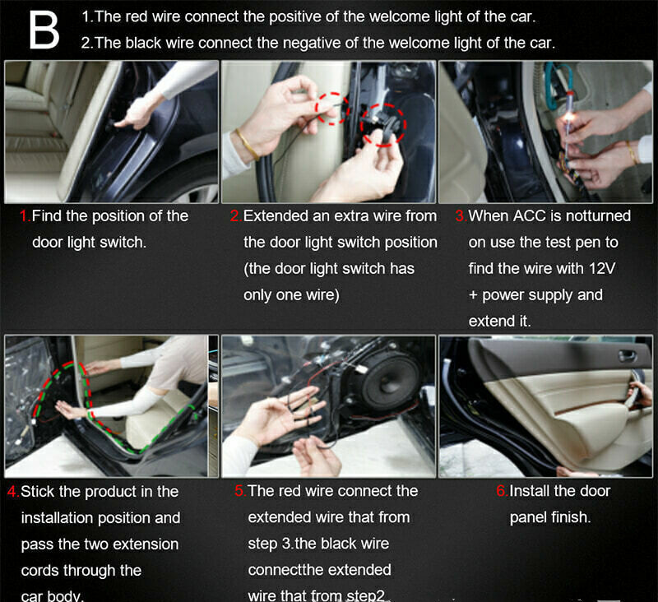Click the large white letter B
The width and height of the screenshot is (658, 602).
click(44, 30)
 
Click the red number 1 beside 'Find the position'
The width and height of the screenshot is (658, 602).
click(24, 216)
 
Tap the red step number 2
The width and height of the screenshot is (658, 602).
click(235, 216)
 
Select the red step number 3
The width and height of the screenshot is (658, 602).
click(461, 216)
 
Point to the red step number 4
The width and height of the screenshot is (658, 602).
click(12, 492)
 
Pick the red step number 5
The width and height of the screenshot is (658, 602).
click(239, 491)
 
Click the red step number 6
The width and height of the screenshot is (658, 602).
click(502, 491)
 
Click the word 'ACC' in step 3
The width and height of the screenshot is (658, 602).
click(530, 216)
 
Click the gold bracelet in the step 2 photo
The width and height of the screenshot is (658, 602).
click(248, 144)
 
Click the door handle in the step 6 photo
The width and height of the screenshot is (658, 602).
click(628, 356)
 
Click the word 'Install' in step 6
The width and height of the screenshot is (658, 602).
click(530, 491)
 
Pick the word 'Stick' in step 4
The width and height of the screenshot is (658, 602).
click(37, 492)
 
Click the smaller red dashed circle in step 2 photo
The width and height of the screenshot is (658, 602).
click(332, 109)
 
